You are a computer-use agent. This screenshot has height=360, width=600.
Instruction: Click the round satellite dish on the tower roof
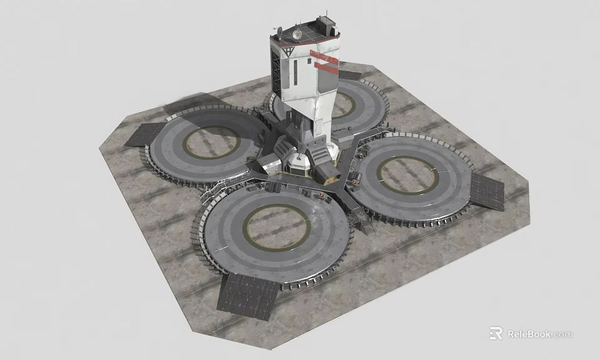click(296, 34)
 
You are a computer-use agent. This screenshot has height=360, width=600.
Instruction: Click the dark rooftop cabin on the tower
click(325, 26)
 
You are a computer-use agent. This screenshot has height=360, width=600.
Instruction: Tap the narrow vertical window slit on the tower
click(295, 73)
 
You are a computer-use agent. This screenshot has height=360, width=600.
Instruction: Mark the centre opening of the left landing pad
click(211, 142)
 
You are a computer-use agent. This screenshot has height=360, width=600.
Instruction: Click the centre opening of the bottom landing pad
click(277, 226)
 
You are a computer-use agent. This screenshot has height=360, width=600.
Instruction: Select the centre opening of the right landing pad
click(407, 175)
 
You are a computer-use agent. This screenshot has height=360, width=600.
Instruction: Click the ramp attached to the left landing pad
click(145, 134)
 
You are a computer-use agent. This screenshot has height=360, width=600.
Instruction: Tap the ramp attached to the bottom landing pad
click(248, 294)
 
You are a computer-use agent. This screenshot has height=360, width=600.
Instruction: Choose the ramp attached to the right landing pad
click(487, 191)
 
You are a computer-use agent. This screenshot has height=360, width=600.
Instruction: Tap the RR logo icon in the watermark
click(496, 333)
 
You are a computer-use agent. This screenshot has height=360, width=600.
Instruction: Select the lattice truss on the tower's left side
click(276, 69)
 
